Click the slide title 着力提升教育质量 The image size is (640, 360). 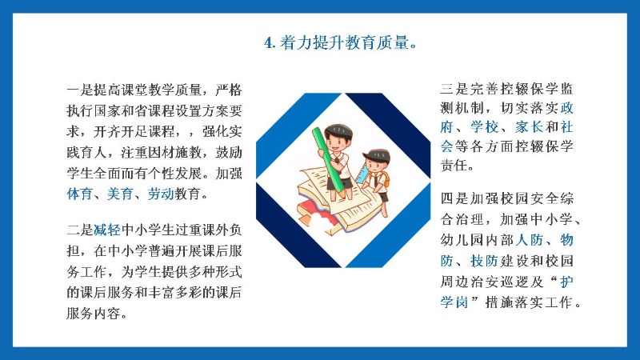(x=344, y=42)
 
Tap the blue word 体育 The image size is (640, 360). (x=79, y=194)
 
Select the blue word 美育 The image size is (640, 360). (x=120, y=194)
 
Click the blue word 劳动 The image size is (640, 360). (x=161, y=194)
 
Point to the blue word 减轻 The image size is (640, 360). (x=107, y=230)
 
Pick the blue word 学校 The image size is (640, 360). (x=485, y=127)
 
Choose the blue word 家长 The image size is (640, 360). (x=529, y=127)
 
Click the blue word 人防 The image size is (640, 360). (x=529, y=240)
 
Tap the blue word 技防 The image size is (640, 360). (x=485, y=261)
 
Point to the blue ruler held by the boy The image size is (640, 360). (x=362, y=172)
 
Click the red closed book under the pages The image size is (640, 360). (x=315, y=207)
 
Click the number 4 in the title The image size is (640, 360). (x=268, y=43)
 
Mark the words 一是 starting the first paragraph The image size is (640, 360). (x=80, y=90)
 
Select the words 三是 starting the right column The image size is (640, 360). (x=454, y=89)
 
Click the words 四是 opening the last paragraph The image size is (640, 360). (x=454, y=198)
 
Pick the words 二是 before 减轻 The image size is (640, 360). (x=80, y=230)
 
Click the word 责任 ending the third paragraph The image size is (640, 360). (x=454, y=166)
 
